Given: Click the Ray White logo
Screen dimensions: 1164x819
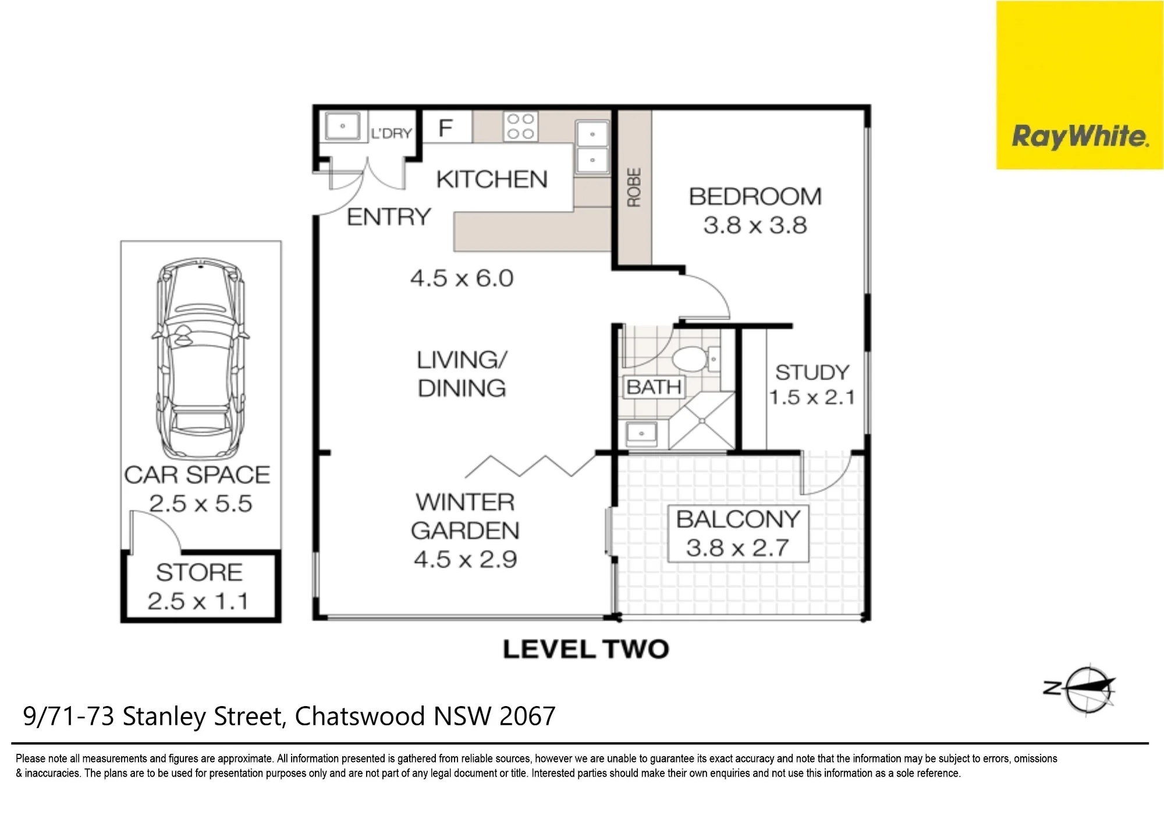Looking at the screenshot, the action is pyautogui.click(x=1080, y=84).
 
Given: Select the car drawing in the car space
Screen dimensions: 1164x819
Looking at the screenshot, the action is pyautogui.click(x=200, y=360).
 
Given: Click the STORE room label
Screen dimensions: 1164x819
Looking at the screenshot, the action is pyautogui.click(x=199, y=572).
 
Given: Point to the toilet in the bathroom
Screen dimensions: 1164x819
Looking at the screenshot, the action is pyautogui.click(x=689, y=359).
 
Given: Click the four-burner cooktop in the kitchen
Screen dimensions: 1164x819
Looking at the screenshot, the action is pyautogui.click(x=521, y=126).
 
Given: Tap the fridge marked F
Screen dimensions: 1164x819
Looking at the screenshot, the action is pyautogui.click(x=446, y=127).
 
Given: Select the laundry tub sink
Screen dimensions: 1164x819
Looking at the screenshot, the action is pyautogui.click(x=342, y=126).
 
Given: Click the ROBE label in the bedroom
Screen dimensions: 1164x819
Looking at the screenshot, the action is pyautogui.click(x=634, y=187).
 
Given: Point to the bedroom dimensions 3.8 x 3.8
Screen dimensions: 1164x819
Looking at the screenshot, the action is pyautogui.click(x=755, y=225).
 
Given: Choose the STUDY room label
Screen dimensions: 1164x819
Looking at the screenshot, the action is pyautogui.click(x=812, y=372).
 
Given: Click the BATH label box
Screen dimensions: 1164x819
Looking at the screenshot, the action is pyautogui.click(x=654, y=387).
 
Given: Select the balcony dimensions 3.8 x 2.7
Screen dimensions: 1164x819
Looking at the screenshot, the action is pyautogui.click(x=737, y=548).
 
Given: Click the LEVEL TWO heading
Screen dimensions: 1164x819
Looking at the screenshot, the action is pyautogui.click(x=586, y=649).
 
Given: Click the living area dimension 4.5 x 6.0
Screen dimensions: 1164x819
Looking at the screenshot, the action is pyautogui.click(x=462, y=278).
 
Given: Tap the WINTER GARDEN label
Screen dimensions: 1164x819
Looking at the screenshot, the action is pyautogui.click(x=465, y=516).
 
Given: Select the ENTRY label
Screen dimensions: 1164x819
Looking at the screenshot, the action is pyautogui.click(x=389, y=217).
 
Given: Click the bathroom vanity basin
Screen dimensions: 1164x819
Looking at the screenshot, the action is pyautogui.click(x=641, y=434).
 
